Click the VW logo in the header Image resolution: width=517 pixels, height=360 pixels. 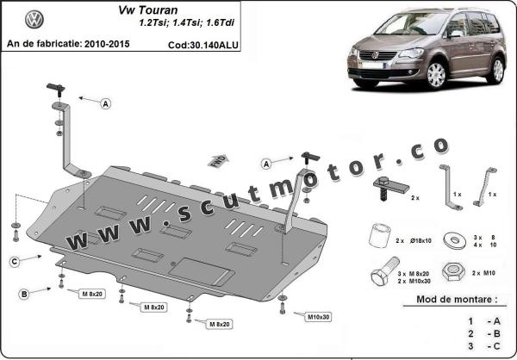(34, 19)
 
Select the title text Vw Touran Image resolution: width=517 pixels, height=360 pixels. (148, 10)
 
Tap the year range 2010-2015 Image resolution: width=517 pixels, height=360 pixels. (107, 44)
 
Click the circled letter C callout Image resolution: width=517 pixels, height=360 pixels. (14, 262)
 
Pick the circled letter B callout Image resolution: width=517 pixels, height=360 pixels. (24, 294)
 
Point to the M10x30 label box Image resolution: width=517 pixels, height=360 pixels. (318, 317)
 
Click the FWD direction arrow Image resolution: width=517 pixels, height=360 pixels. (219, 161)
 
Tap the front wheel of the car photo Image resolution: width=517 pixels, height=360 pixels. (436, 75)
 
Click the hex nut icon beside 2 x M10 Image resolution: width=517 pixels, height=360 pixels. (453, 272)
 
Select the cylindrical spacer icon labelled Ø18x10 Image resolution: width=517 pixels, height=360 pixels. (380, 236)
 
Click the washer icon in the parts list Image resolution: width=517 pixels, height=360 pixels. (455, 240)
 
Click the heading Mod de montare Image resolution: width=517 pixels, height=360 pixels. (457, 300)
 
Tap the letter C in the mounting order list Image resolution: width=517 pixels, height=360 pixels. (496, 346)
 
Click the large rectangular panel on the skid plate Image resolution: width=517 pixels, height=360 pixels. (201, 271)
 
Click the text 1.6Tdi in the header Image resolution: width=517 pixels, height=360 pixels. (221, 23)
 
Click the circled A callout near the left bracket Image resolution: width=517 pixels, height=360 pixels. (105, 104)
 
